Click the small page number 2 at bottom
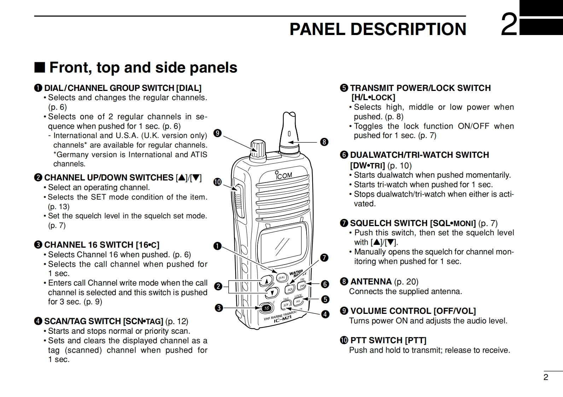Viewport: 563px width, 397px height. tap(546, 377)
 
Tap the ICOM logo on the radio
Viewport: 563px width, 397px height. tap(284, 175)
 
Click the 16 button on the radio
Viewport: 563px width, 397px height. tap(266, 308)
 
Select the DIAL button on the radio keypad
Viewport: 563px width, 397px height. tap(282, 277)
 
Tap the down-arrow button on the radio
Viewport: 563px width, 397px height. tap(272, 293)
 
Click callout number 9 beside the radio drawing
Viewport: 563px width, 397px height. tap(217, 133)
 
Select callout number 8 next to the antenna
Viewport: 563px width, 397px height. tap(324, 142)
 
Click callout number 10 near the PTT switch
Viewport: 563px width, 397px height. tap(217, 182)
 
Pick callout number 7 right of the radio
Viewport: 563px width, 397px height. tap(324, 258)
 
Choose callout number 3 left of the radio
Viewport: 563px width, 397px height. tap(219, 308)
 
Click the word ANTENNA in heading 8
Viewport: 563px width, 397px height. tap(371, 282)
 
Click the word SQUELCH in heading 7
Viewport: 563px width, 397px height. tap(371, 223)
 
